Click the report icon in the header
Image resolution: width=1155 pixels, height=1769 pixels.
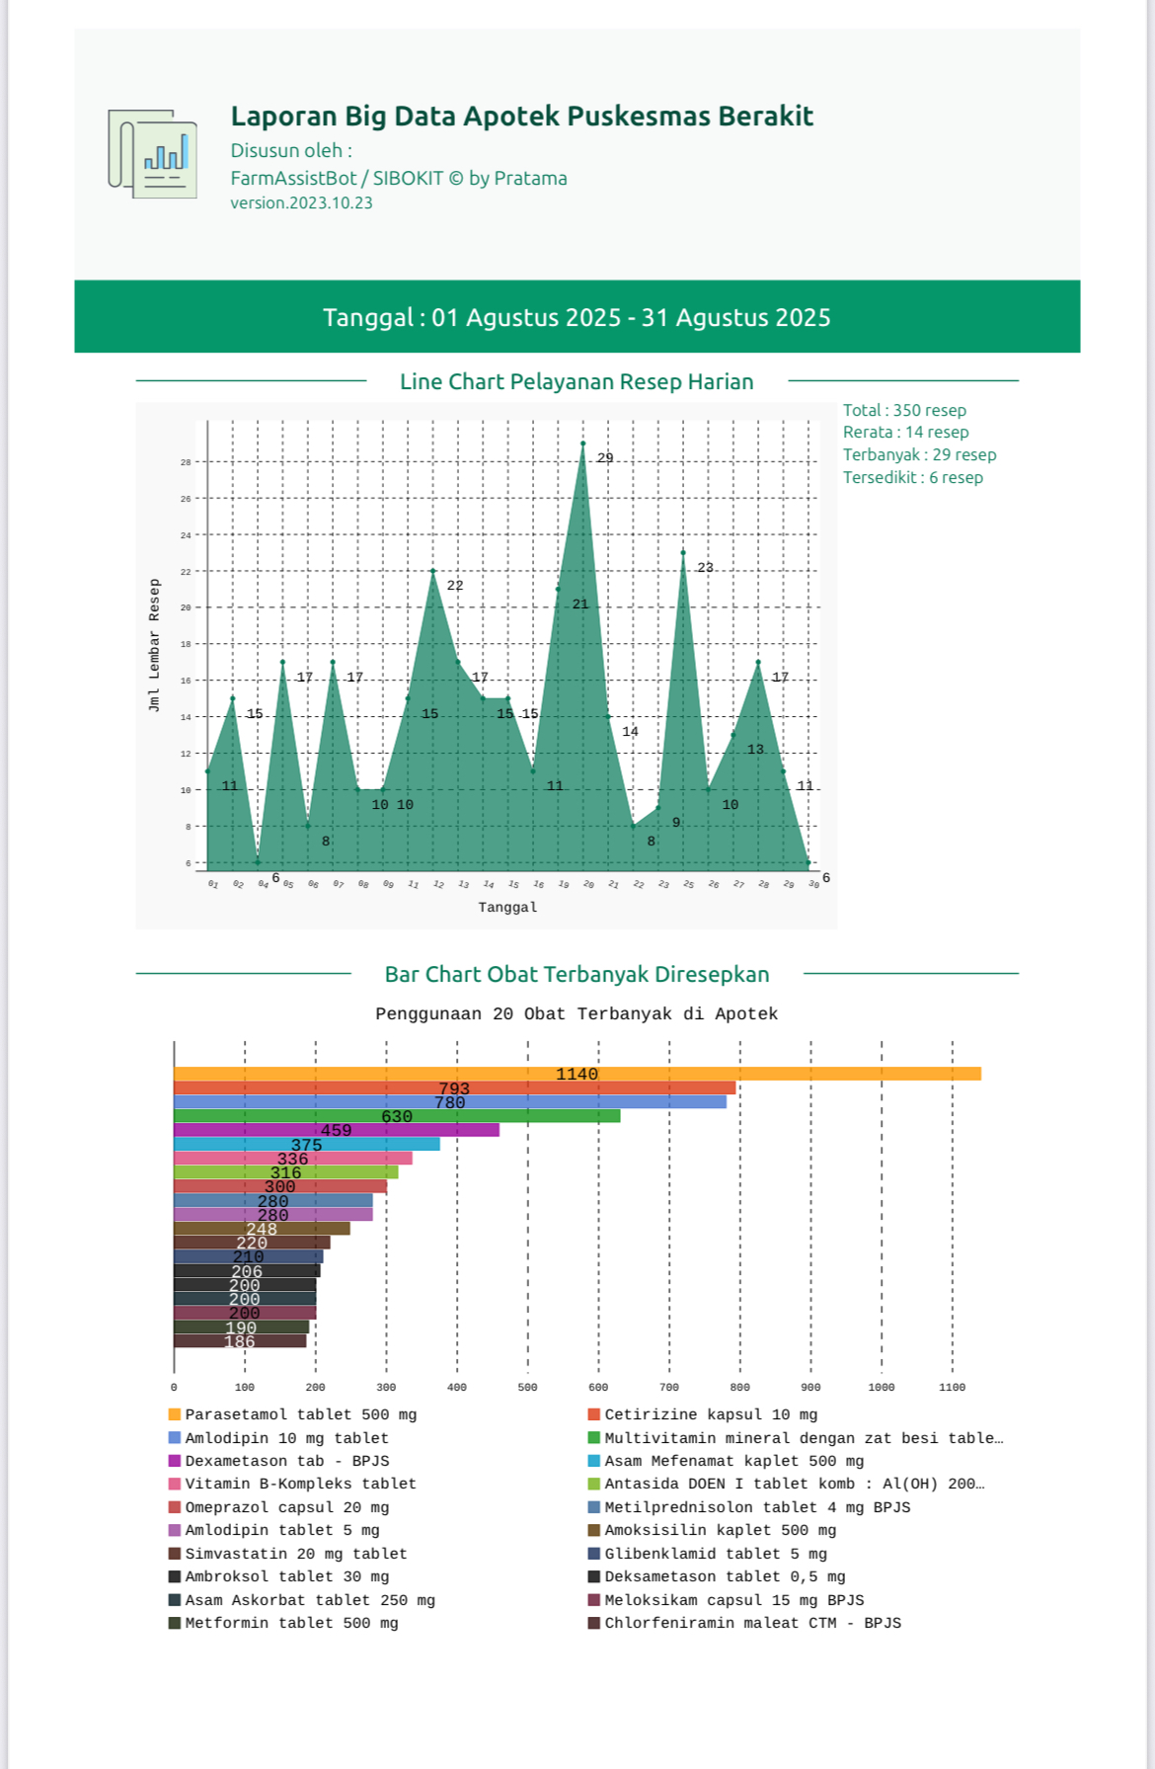[x=153, y=154]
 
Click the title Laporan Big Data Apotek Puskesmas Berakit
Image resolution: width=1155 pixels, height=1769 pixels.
[x=521, y=117]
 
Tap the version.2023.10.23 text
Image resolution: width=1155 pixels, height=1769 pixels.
[x=301, y=203]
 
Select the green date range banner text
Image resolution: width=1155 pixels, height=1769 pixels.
[x=577, y=317]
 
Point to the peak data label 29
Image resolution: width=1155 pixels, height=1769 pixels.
[x=605, y=458]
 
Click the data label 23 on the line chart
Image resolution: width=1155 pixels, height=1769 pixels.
[x=705, y=568]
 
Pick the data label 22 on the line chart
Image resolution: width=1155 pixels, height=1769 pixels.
[x=454, y=586]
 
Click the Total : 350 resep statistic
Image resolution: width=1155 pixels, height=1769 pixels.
[x=904, y=410]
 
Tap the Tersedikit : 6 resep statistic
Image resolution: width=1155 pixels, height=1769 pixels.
[x=912, y=478]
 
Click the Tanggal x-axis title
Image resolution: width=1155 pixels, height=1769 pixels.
[x=507, y=908]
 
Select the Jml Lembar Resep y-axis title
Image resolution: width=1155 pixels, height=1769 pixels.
[x=154, y=645]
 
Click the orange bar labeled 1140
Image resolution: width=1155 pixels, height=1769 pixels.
[x=577, y=1074]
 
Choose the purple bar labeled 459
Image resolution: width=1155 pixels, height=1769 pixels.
[x=336, y=1130]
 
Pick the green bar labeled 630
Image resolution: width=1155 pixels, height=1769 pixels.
[x=397, y=1116]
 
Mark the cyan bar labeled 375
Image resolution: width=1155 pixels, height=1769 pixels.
[x=306, y=1145]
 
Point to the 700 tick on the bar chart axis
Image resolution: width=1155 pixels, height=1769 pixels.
[x=669, y=1388]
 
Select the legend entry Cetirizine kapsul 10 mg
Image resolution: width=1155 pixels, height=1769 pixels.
[x=710, y=1415]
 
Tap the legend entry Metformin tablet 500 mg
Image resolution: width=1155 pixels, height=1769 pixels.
[x=291, y=1624]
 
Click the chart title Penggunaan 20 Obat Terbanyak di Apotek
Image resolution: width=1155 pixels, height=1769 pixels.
[x=577, y=1014]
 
